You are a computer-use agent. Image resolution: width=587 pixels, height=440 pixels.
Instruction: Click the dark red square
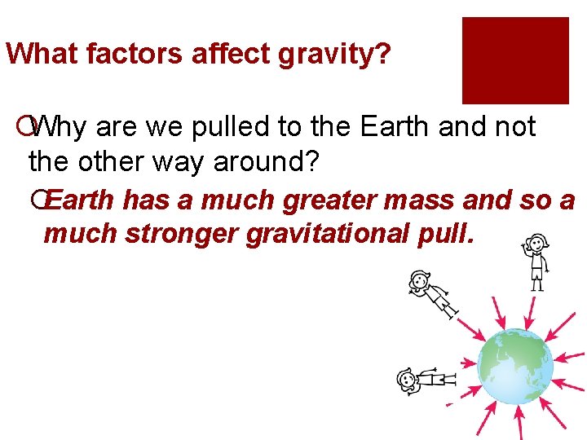[515, 60]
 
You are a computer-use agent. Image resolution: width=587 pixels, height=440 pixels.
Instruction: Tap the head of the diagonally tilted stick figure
[419, 282]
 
